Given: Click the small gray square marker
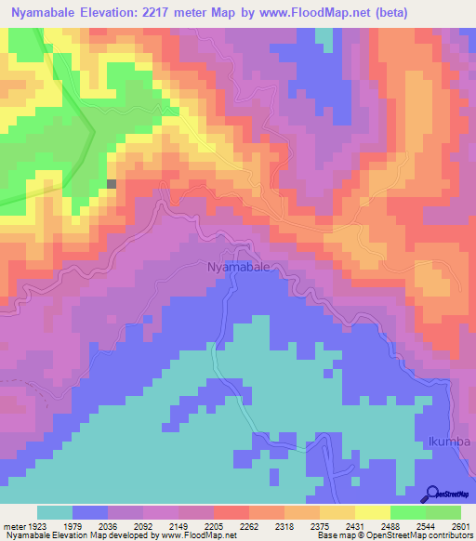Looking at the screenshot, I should (x=112, y=184).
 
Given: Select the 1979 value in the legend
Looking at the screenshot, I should (x=90, y=526).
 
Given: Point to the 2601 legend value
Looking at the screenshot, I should (x=459, y=526).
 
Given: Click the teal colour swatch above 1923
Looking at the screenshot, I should (x=55, y=512).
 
